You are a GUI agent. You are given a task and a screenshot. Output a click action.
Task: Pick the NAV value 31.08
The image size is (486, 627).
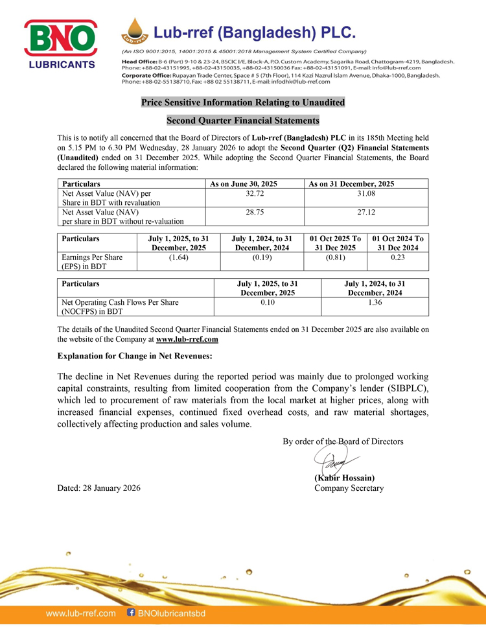pyautogui.click(x=366, y=193)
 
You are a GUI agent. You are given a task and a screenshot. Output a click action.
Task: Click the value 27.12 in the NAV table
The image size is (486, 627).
pyautogui.click(x=366, y=211)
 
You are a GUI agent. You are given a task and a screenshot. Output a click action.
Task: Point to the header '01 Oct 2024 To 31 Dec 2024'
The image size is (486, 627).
pyautogui.click(x=398, y=243)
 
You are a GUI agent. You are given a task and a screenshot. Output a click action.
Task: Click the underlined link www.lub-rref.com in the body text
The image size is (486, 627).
pyautogui.click(x=187, y=338)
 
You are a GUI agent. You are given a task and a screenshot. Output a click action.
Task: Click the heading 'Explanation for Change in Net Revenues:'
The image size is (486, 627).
pyautogui.click(x=135, y=355)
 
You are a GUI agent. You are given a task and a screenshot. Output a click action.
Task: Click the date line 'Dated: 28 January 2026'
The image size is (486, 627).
pyautogui.click(x=98, y=488)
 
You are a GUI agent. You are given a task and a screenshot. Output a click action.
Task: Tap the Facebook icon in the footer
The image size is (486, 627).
pyautogui.click(x=132, y=612)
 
